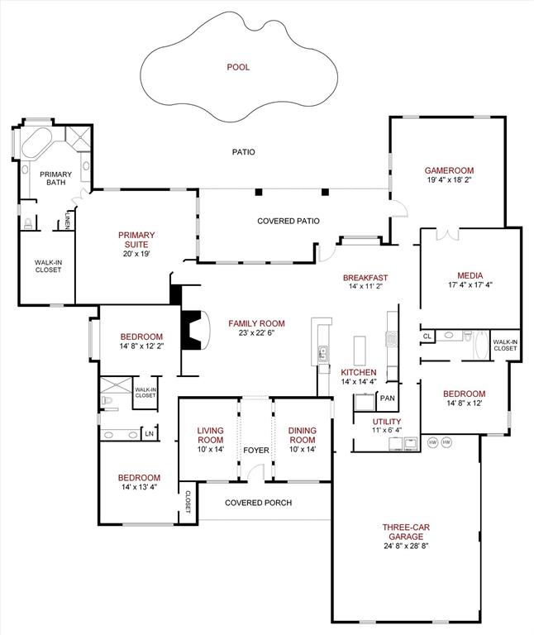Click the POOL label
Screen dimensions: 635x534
point(238,67)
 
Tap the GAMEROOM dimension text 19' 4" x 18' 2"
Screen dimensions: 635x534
point(449,179)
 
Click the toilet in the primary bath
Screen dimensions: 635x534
point(28,222)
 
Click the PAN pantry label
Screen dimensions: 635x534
point(387,399)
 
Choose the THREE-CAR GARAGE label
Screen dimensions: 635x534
point(405,531)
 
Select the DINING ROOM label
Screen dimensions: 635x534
point(302,435)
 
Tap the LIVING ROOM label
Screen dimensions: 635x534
point(210,435)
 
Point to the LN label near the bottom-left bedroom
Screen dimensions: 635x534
point(149,433)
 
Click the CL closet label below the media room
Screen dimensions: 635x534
point(427,337)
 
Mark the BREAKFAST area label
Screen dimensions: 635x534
point(365,278)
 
